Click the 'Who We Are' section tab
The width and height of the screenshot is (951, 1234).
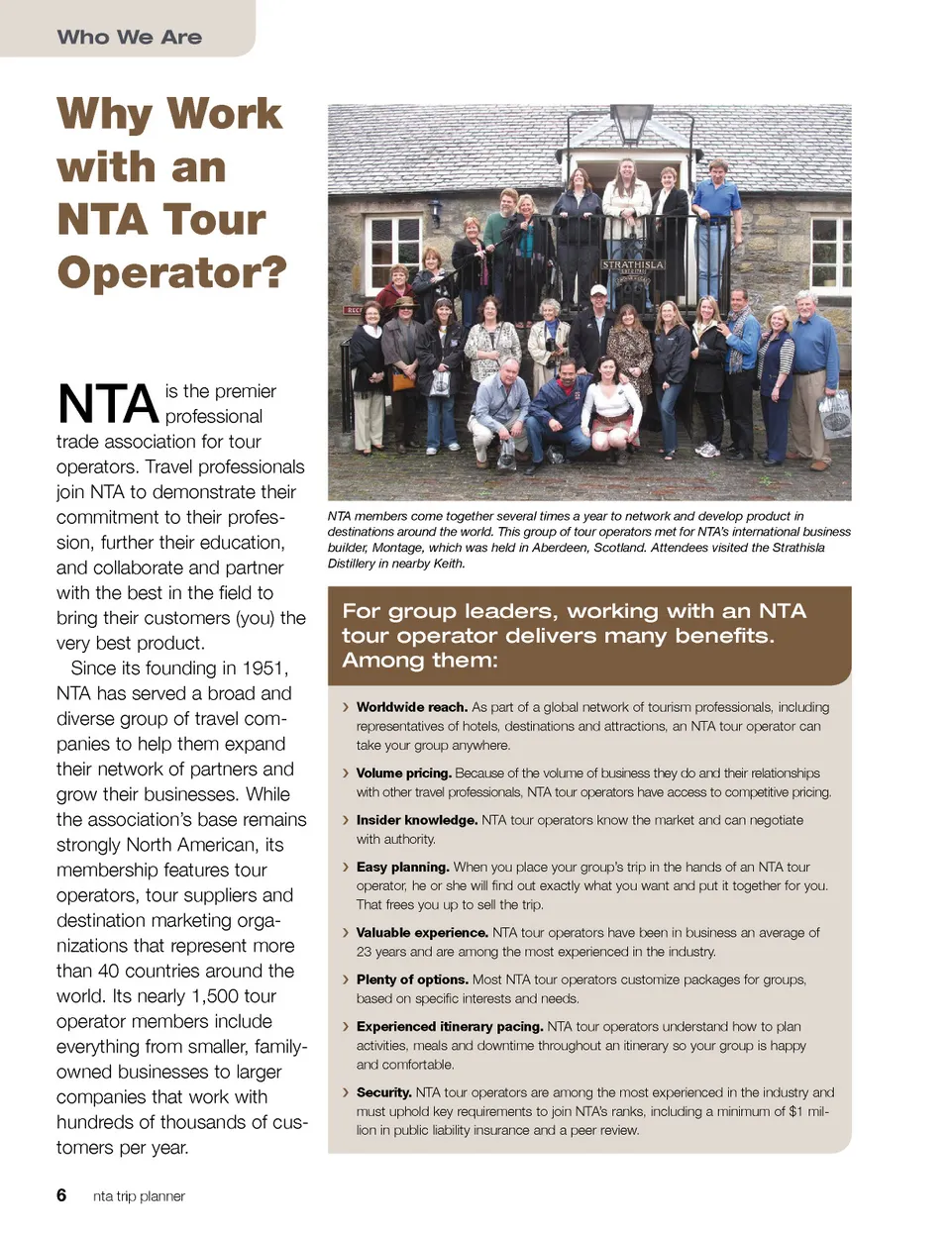(x=129, y=37)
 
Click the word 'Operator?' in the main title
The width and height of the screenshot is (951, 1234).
(x=171, y=271)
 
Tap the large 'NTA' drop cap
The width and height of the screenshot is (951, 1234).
(x=108, y=404)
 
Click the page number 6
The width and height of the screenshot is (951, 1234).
(x=61, y=1195)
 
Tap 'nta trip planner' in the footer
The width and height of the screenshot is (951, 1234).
(x=139, y=1196)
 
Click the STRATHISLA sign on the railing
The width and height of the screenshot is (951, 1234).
(x=633, y=265)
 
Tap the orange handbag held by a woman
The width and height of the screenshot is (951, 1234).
(x=404, y=380)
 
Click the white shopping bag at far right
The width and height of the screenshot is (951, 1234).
(x=834, y=414)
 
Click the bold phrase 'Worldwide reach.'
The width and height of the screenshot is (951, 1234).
(x=411, y=707)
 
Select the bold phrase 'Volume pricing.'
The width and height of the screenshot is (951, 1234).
(x=403, y=773)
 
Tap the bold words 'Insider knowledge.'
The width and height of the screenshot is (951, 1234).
(x=416, y=820)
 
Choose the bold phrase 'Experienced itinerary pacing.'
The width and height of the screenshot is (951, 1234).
(x=450, y=1027)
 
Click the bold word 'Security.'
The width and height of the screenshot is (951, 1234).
(x=383, y=1092)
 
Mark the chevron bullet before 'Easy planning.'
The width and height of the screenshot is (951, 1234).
(x=345, y=868)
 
